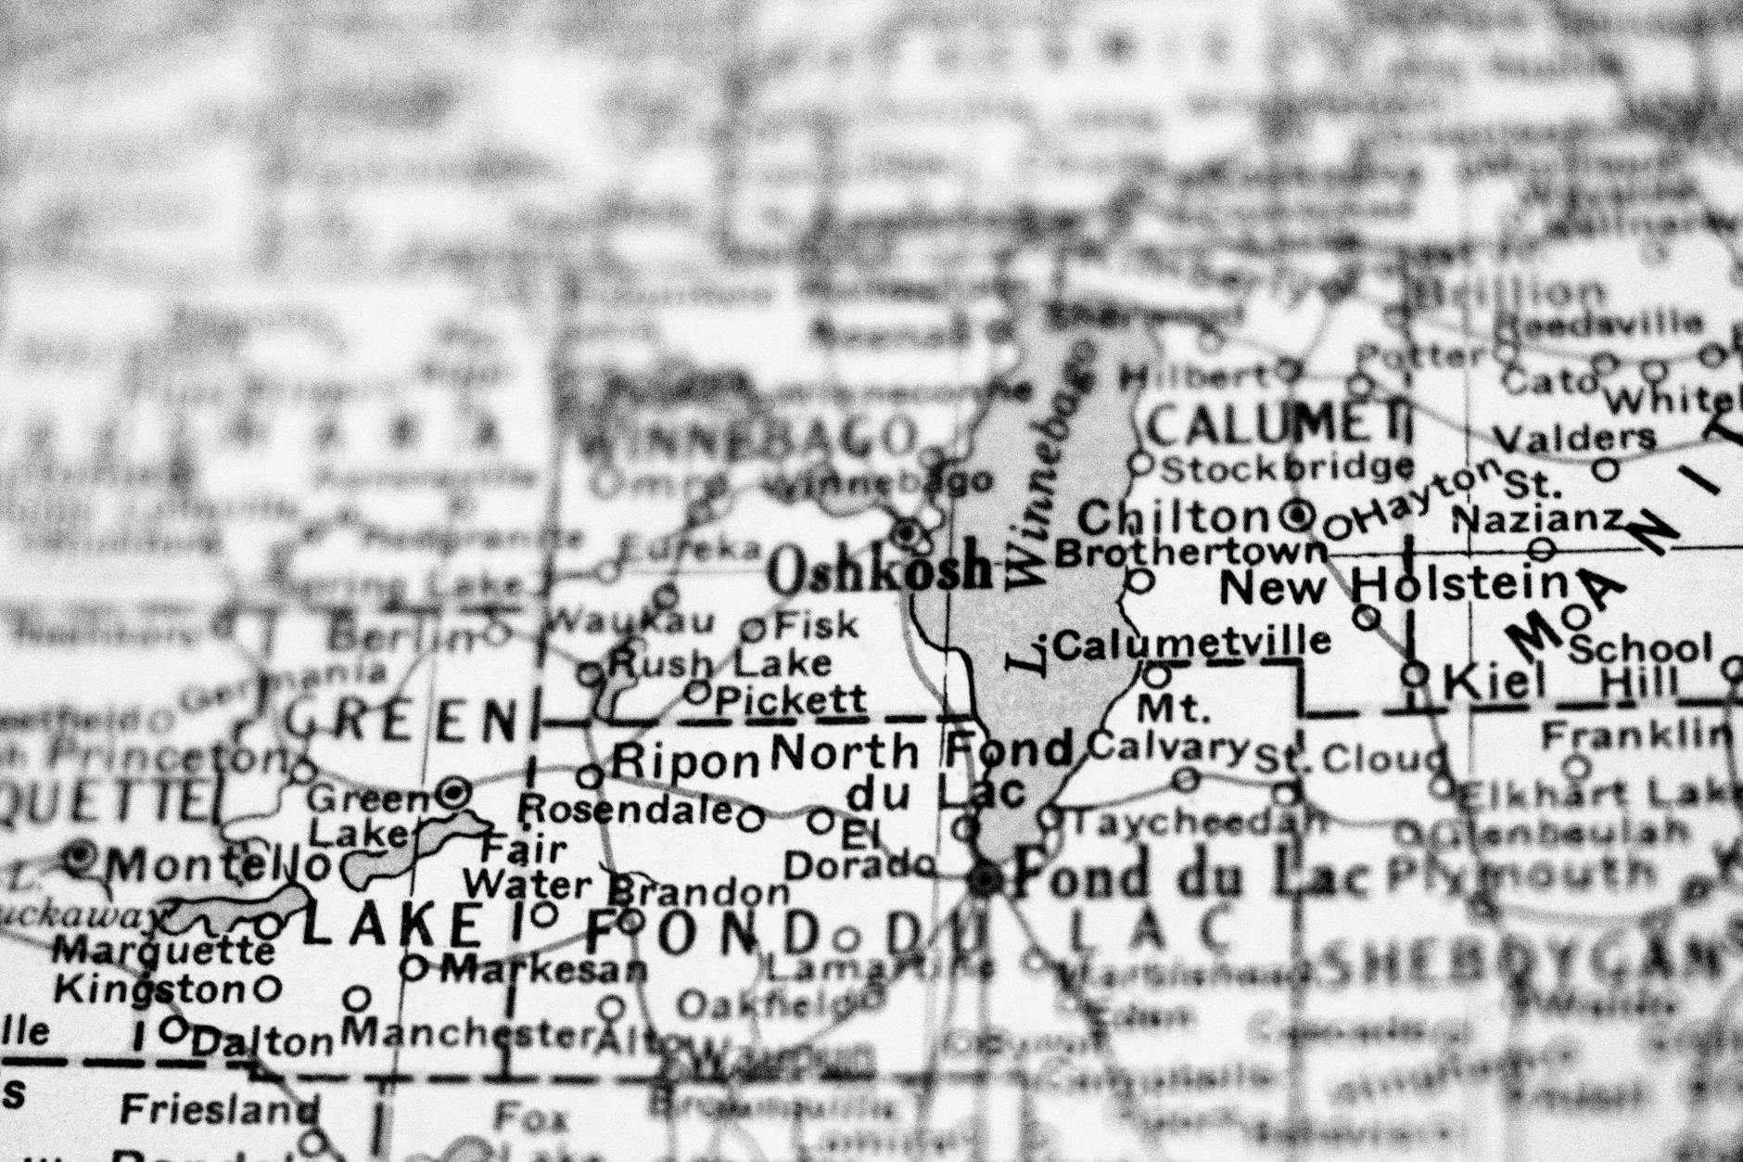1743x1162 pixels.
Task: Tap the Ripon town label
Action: coord(687,762)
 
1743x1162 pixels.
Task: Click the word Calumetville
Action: coord(1192,642)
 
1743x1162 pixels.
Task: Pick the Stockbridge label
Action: coord(1288,468)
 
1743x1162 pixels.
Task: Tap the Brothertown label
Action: coord(1191,553)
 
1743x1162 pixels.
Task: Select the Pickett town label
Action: coord(791,699)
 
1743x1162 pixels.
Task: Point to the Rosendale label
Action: coord(627,811)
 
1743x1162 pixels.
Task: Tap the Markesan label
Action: coord(543,970)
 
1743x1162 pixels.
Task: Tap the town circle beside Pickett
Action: coord(698,692)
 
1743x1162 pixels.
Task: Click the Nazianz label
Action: coord(1536,519)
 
